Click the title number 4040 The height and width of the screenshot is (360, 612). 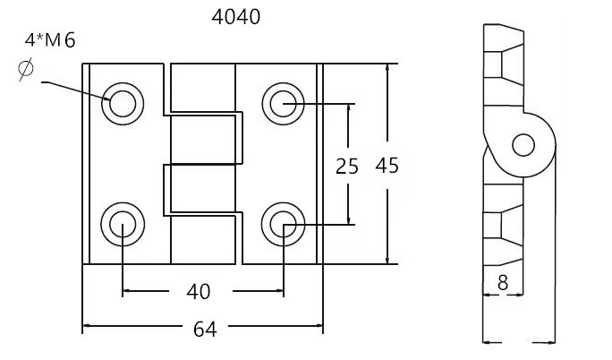[x=237, y=15]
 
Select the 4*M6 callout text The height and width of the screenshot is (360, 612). [x=50, y=41]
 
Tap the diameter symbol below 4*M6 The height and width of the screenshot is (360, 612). [x=26, y=71]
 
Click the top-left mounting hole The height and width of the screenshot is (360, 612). [x=122, y=104]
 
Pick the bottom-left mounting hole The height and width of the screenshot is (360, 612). [x=122, y=224]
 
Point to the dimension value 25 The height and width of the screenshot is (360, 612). [x=347, y=166]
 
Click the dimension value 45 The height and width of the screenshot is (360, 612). [x=387, y=166]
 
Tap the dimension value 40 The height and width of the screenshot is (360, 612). [x=199, y=291]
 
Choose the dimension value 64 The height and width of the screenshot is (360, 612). [x=205, y=329]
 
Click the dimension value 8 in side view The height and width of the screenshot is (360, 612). [x=502, y=282]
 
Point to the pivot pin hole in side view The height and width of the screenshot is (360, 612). [x=523, y=143]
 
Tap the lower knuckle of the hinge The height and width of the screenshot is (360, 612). [x=204, y=190]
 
